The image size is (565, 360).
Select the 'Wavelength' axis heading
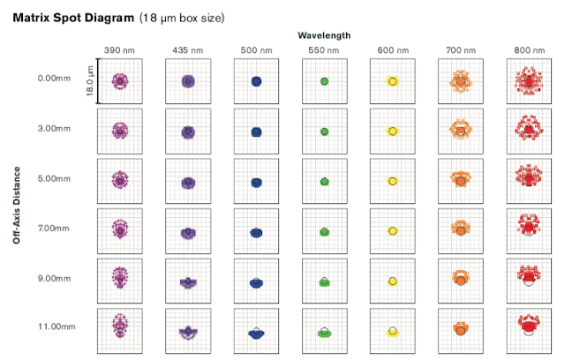tap(324, 35)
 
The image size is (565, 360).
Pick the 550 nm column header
tap(324, 49)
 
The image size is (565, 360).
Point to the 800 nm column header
tap(528, 49)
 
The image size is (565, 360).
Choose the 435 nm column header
tap(187, 49)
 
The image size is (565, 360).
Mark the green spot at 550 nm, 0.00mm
tap(324, 81)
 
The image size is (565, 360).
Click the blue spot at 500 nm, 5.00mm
tap(256, 182)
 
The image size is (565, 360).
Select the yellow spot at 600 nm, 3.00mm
tap(392, 131)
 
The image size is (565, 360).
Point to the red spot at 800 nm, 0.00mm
tap(528, 82)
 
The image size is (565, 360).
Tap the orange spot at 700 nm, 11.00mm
tap(460, 330)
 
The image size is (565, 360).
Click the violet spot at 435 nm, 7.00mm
tap(187, 232)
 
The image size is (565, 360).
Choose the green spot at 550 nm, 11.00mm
tap(324, 334)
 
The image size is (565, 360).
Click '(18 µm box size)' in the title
tap(183, 17)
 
